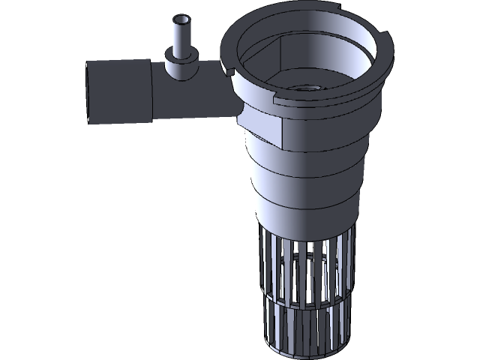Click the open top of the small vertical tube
point(181,19)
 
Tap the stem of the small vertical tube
point(181,37)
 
